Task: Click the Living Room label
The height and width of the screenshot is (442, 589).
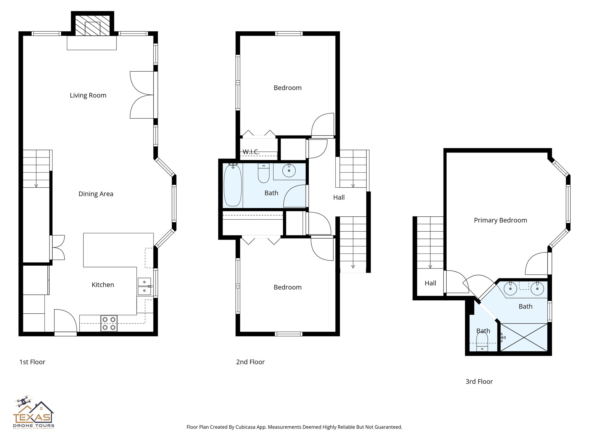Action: [x=88, y=95]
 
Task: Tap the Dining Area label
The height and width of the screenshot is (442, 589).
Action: [x=96, y=194]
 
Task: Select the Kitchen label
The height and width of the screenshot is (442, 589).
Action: [x=103, y=285]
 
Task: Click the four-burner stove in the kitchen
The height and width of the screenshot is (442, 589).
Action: [x=109, y=323]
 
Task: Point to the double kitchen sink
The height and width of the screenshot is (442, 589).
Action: [x=144, y=286]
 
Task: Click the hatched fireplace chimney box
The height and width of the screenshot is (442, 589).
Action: [x=92, y=26]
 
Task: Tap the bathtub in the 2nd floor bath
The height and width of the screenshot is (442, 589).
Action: [x=232, y=185]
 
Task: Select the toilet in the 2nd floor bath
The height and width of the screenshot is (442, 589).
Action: [x=263, y=174]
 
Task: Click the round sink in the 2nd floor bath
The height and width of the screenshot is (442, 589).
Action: [x=289, y=171]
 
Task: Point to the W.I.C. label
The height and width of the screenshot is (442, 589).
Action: [x=251, y=152]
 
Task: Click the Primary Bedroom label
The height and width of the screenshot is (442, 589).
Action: [x=500, y=220]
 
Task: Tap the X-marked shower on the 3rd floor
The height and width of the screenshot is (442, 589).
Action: [x=524, y=337]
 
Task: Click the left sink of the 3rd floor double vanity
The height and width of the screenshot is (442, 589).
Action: [x=510, y=289]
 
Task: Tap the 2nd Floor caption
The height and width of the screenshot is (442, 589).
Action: [x=250, y=362]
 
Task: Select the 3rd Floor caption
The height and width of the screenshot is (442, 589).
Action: [x=479, y=382]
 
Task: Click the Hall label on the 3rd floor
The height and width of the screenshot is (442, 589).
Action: [x=430, y=283]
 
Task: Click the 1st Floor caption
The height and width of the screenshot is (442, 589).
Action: [x=32, y=362]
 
